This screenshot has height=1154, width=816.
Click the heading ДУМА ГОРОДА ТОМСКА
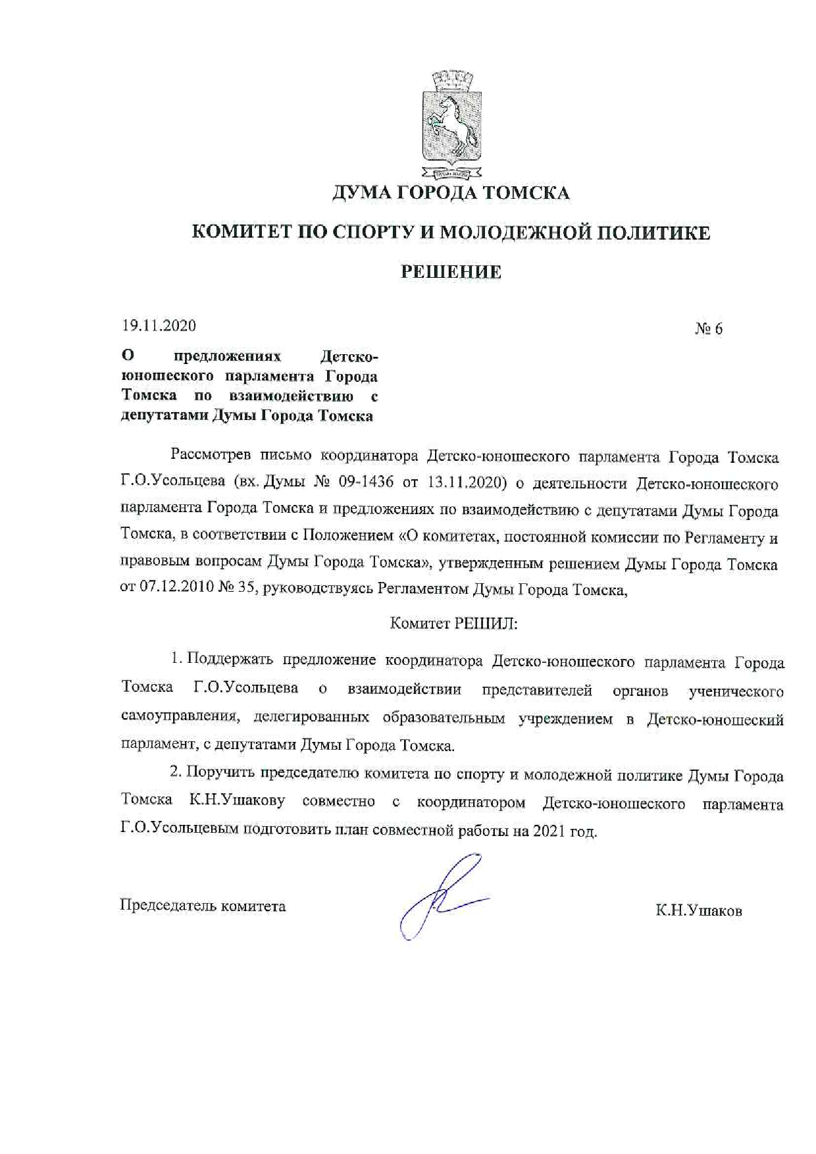450,193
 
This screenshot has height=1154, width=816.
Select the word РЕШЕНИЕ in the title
451,272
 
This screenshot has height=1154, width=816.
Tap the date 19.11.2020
159,326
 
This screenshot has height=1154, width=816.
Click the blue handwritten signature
441,895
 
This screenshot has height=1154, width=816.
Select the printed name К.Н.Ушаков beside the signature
699,911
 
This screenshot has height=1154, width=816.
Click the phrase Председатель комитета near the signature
203,906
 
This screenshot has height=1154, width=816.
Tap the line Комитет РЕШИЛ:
454,623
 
